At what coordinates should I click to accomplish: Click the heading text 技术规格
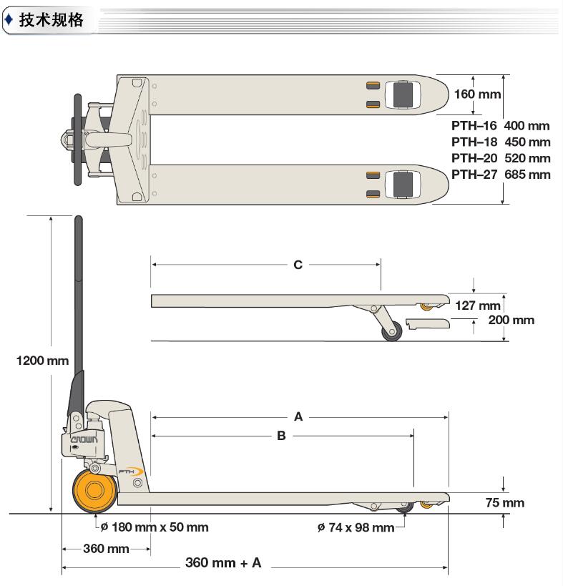pyautogui.click(x=51, y=20)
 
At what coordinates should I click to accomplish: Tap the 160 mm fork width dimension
pyautogui.click(x=477, y=94)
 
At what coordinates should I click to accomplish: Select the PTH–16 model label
pyautogui.click(x=474, y=125)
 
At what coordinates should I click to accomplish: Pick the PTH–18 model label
pyautogui.click(x=474, y=142)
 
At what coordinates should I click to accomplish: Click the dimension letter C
pyautogui.click(x=298, y=265)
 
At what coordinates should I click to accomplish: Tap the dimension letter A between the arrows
pyautogui.click(x=298, y=416)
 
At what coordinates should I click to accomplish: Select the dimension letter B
pyautogui.click(x=281, y=435)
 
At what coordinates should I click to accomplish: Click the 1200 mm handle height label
pyautogui.click(x=43, y=360)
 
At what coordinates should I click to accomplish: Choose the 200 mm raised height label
pyautogui.click(x=511, y=320)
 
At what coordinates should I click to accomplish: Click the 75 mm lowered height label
pyautogui.click(x=505, y=503)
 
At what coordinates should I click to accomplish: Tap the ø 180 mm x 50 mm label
pyautogui.click(x=155, y=527)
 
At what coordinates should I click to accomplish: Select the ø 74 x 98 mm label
pyautogui.click(x=356, y=527)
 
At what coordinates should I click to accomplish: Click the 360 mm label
pyautogui.click(x=107, y=549)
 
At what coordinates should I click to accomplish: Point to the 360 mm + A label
pyautogui.click(x=223, y=562)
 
